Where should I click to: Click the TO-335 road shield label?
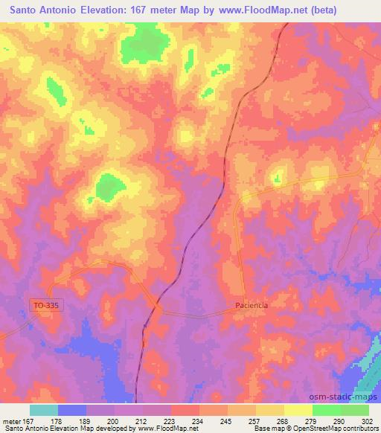point(44,304)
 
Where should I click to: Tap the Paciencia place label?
point(251,305)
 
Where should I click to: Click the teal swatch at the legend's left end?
point(44,409)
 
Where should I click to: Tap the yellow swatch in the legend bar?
point(298,409)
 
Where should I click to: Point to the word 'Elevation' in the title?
point(109,10)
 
